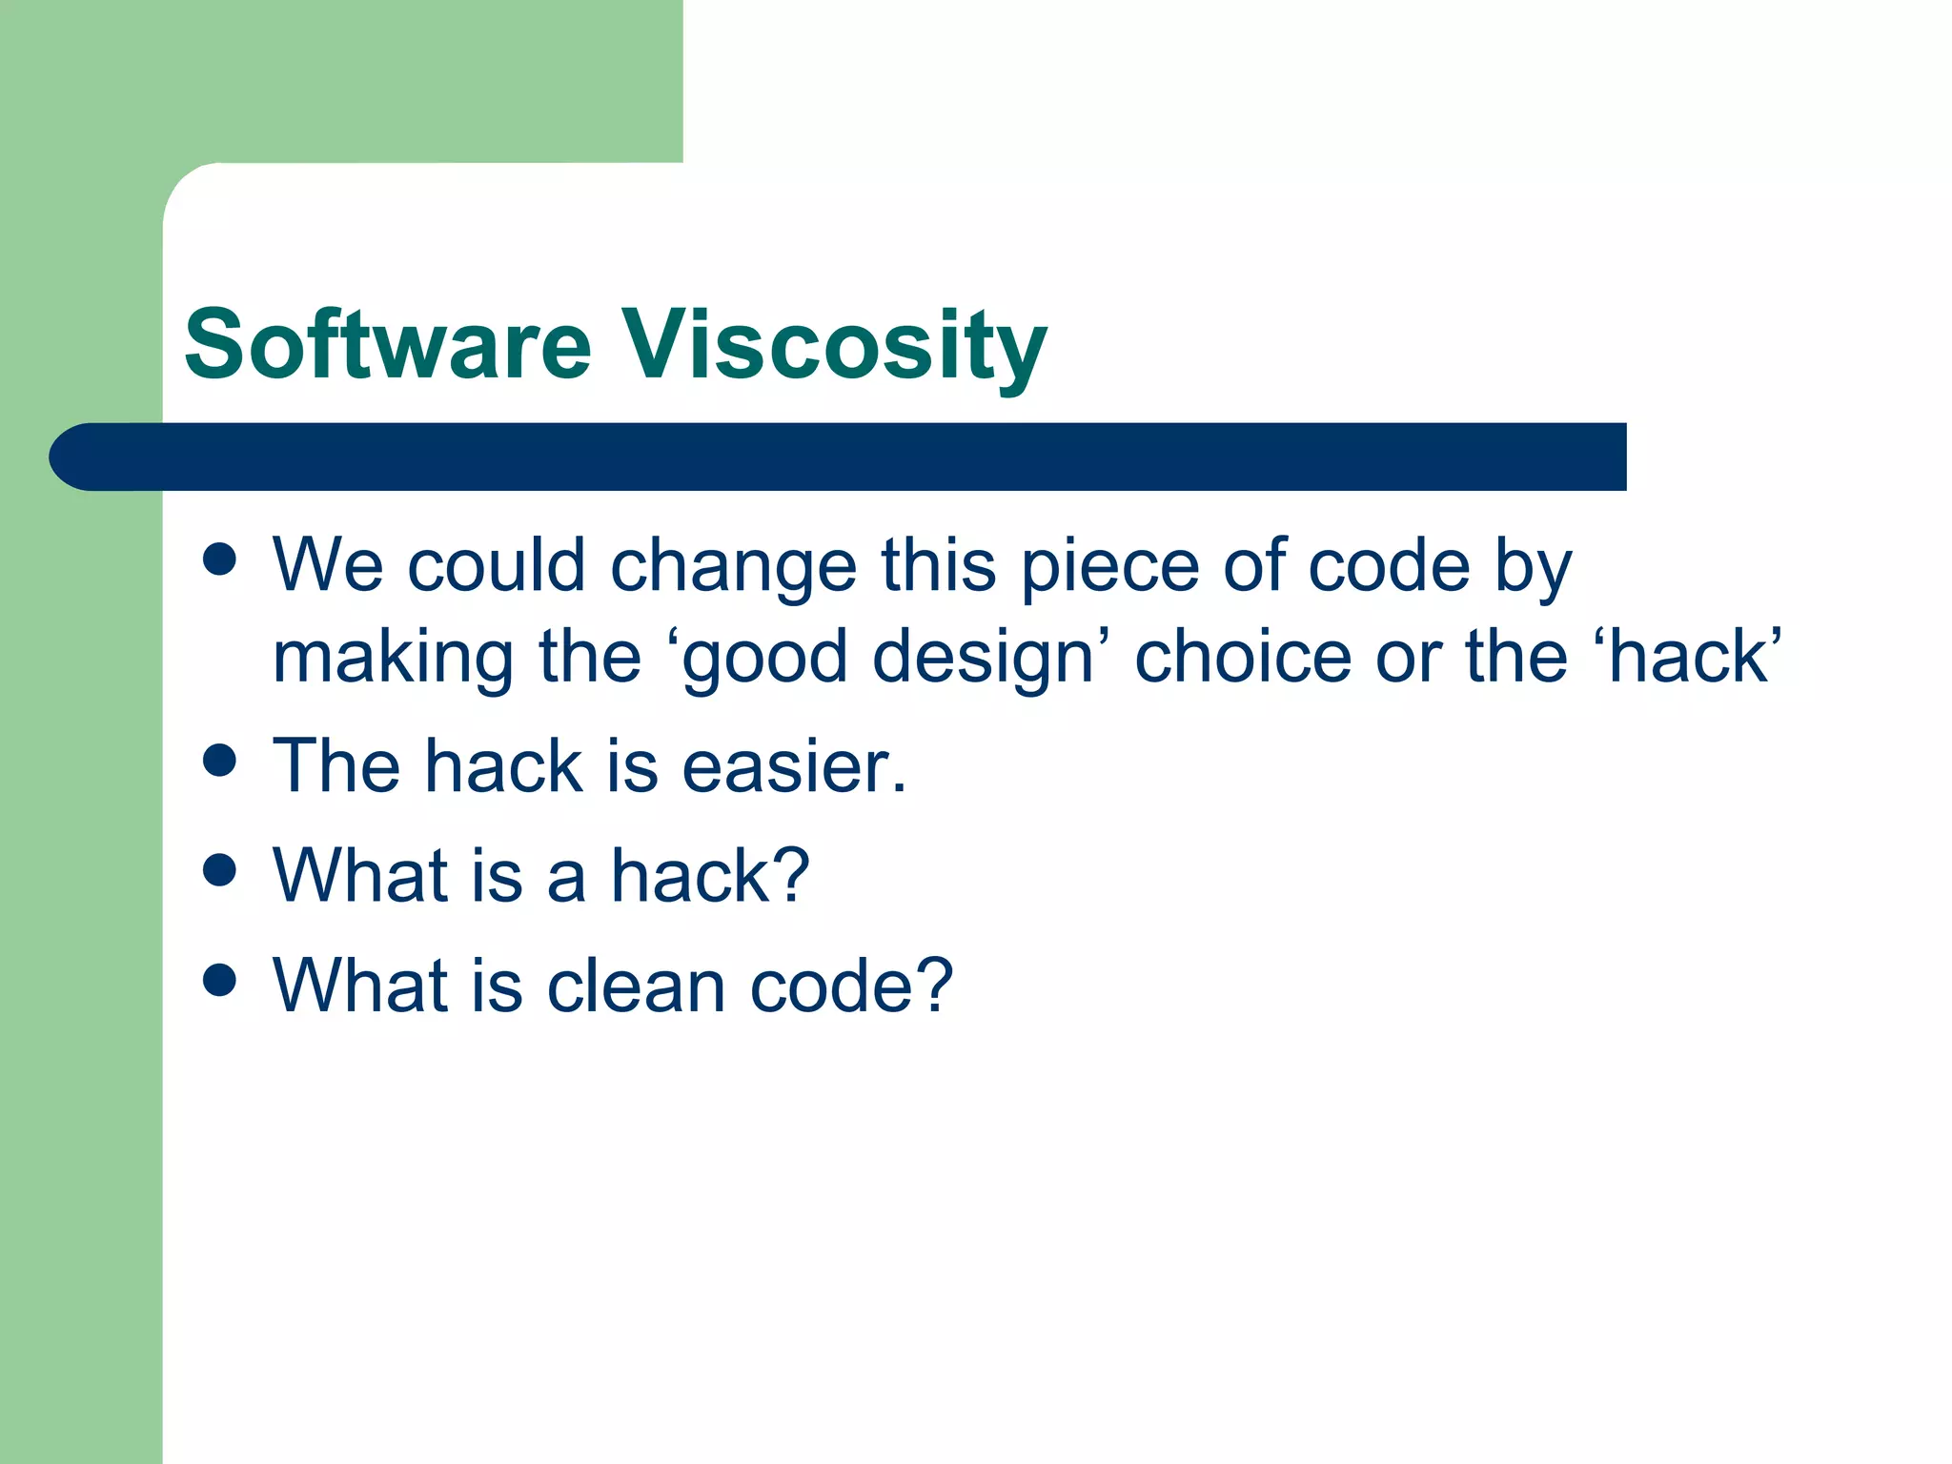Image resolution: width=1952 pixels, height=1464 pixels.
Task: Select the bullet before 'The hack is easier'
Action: coord(219,761)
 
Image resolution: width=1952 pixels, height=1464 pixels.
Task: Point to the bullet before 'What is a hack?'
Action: coord(219,870)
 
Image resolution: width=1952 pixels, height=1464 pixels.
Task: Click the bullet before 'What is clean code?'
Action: coord(219,980)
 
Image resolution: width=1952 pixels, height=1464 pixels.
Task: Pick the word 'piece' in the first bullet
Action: coord(1109,568)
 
